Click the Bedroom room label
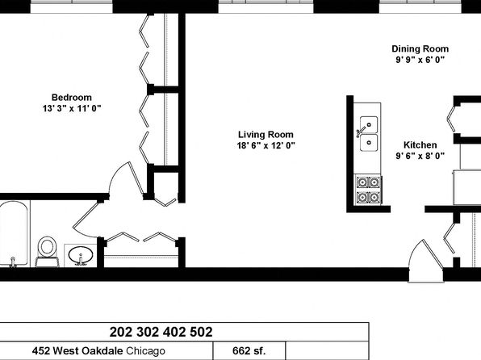coord(72,98)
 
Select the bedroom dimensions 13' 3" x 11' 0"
coord(72,108)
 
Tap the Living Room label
coord(266,135)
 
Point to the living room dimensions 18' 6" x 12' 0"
coord(266,145)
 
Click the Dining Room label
coord(420,49)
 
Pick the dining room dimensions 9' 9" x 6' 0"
coord(420,60)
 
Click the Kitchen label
coord(420,144)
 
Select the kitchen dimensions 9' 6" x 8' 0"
coord(420,156)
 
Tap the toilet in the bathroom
coord(47,251)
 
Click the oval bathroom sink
coord(81,255)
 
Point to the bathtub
coord(14,234)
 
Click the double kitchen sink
coord(369,133)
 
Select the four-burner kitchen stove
coord(368,190)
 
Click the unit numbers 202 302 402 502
coord(161,332)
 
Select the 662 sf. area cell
coord(249,350)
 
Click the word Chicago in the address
coord(146,351)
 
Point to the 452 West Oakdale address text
coord(77,350)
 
